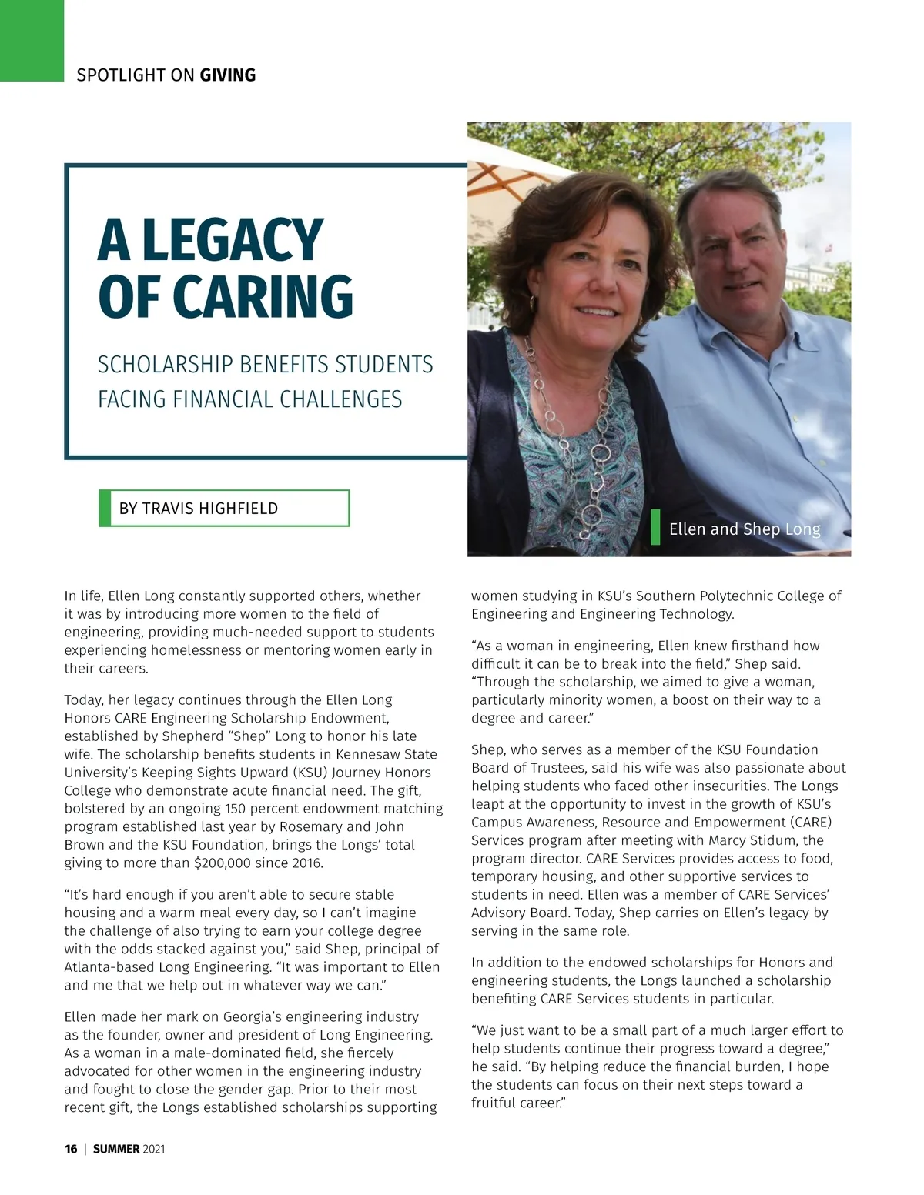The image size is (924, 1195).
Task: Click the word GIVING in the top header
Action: pyautogui.click(x=227, y=75)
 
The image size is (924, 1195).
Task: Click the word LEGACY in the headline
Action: pyautogui.click(x=233, y=240)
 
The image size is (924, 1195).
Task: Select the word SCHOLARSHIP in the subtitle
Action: pyautogui.click(x=165, y=365)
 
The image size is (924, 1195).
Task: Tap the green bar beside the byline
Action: pyautogui.click(x=105, y=509)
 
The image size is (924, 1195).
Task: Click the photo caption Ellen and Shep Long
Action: pyautogui.click(x=745, y=529)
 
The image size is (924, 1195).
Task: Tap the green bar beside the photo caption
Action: pyautogui.click(x=655, y=527)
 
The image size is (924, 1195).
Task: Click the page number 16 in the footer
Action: pyautogui.click(x=71, y=1149)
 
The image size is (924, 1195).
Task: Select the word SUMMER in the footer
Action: pyautogui.click(x=116, y=1149)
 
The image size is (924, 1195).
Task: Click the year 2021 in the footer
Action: pyautogui.click(x=154, y=1149)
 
